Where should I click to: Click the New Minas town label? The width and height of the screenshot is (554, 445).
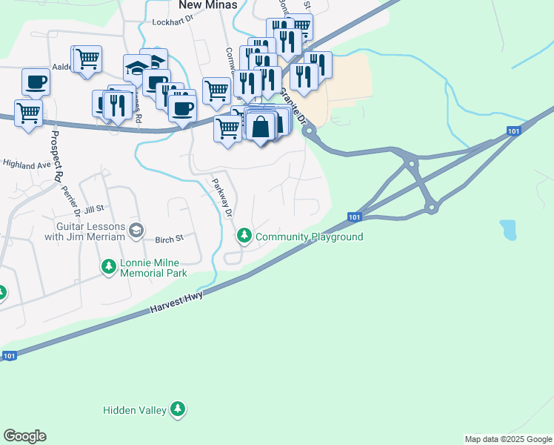(208, 5)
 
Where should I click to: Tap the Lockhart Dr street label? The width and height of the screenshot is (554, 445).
(171, 22)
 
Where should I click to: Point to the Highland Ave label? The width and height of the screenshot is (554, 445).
(26, 163)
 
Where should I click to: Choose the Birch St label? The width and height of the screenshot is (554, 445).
(168, 240)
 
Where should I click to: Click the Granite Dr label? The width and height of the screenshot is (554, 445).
(293, 107)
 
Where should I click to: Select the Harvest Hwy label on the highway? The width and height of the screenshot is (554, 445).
(176, 300)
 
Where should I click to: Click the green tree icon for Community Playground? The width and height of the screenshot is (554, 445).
(244, 236)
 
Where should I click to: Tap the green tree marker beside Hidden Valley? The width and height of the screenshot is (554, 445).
(177, 409)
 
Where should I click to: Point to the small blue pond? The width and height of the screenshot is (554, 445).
(508, 230)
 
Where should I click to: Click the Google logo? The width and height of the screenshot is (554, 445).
(24, 436)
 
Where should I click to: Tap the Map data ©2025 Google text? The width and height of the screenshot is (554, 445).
(508, 439)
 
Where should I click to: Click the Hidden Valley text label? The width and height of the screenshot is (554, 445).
(135, 409)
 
